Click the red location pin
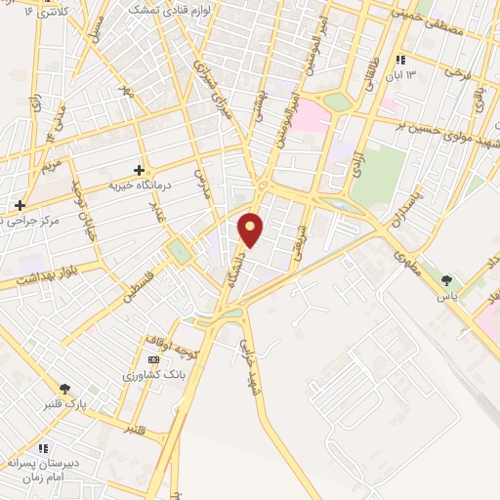(x=251, y=229)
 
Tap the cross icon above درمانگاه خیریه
(x=139, y=170)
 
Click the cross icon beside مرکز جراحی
(x=19, y=205)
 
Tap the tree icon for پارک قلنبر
(x=65, y=389)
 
